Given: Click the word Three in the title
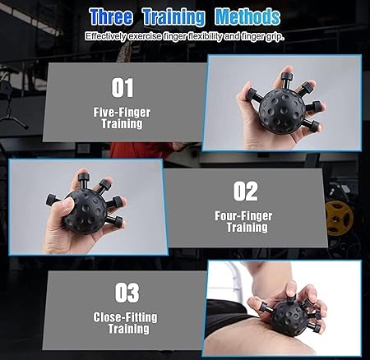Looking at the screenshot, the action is click(x=111, y=16).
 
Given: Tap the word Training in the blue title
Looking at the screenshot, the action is click(x=173, y=17).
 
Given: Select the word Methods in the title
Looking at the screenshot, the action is click(x=247, y=16).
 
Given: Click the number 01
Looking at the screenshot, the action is click(x=123, y=88).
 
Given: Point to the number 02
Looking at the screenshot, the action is click(x=246, y=192).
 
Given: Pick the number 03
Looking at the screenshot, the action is click(x=127, y=293).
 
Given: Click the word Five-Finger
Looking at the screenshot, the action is click(x=122, y=113).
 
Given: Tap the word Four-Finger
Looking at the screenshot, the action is click(x=243, y=216).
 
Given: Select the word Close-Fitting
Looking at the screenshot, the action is click(x=125, y=317).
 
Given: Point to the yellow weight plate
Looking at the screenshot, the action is click(x=339, y=218).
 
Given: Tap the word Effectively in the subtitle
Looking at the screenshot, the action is click(x=105, y=36).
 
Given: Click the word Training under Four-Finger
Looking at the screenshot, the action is click(x=247, y=228).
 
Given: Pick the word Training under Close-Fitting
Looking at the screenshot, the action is click(x=128, y=329).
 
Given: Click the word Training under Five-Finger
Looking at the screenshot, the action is click(x=123, y=124).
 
